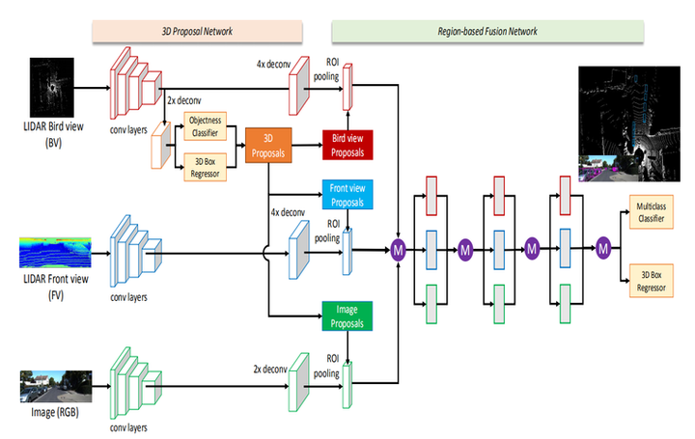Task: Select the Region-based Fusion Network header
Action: tap(487, 31)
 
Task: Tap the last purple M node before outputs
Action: tap(604, 250)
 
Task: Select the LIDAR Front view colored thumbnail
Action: tap(55, 252)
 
